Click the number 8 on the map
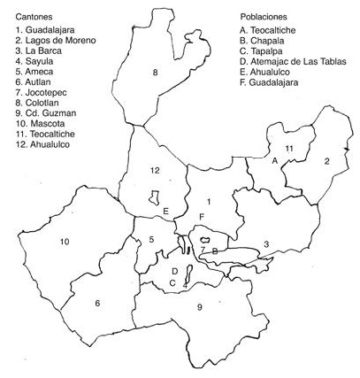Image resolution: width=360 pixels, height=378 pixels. [156, 73]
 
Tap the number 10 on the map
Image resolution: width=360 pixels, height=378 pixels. [64, 242]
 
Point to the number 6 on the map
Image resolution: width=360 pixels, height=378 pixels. [97, 303]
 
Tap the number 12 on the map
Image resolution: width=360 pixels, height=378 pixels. [155, 170]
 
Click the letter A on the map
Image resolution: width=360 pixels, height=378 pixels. [275, 159]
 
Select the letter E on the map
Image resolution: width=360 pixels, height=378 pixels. [165, 211]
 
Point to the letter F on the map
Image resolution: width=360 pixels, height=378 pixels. [202, 217]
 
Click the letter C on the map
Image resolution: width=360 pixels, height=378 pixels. [172, 282]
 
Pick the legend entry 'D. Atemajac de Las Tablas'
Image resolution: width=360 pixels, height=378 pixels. [295, 63]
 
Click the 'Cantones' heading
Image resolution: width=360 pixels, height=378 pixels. [35, 17]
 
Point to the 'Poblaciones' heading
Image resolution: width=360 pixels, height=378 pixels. [265, 17]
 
